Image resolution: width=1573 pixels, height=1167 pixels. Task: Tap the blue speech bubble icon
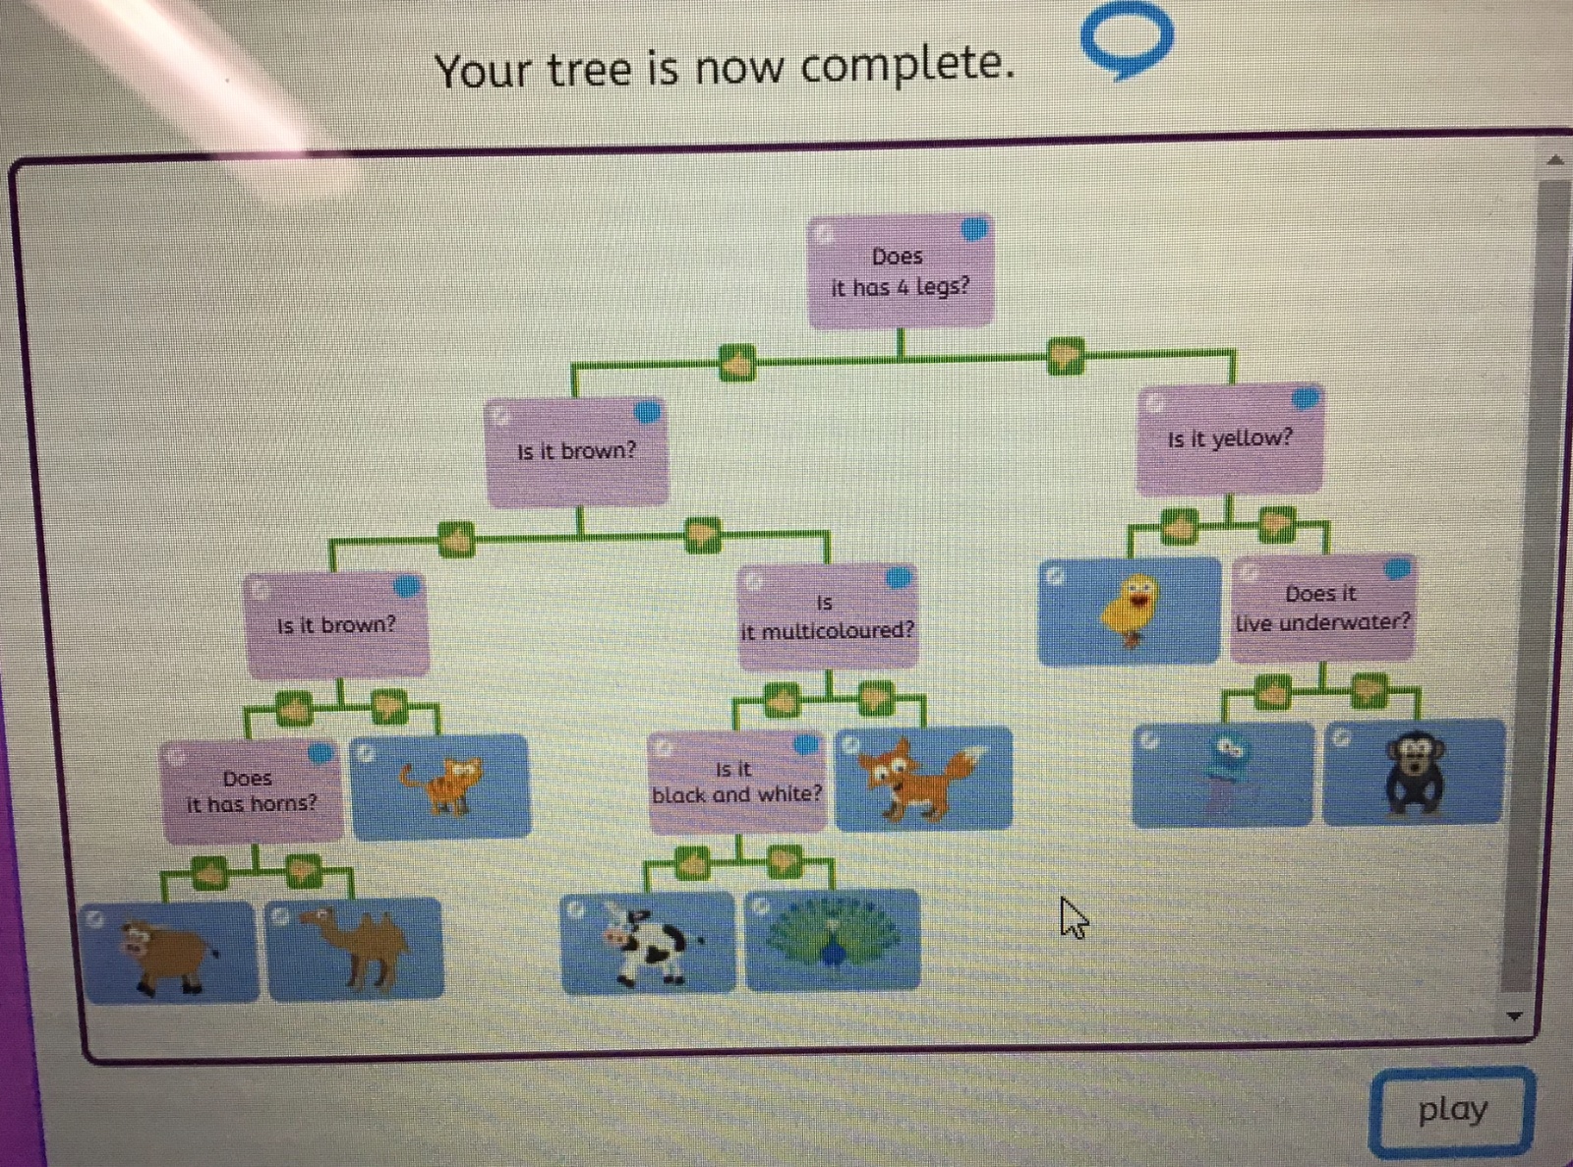coord(1128,39)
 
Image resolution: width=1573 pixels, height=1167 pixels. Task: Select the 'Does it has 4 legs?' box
coord(900,271)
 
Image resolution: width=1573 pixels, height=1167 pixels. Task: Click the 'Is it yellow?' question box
coord(1230,439)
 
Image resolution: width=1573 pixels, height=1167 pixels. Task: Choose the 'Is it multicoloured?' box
coord(827,617)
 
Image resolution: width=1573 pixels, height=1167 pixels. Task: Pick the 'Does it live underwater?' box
coord(1322,609)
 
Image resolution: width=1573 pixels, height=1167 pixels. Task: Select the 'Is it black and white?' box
coord(736,782)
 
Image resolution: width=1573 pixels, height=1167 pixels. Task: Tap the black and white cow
coord(647,944)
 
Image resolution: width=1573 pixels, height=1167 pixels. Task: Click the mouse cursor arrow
coord(1073,918)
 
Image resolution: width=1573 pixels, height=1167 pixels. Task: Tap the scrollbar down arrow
coord(1514,1016)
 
